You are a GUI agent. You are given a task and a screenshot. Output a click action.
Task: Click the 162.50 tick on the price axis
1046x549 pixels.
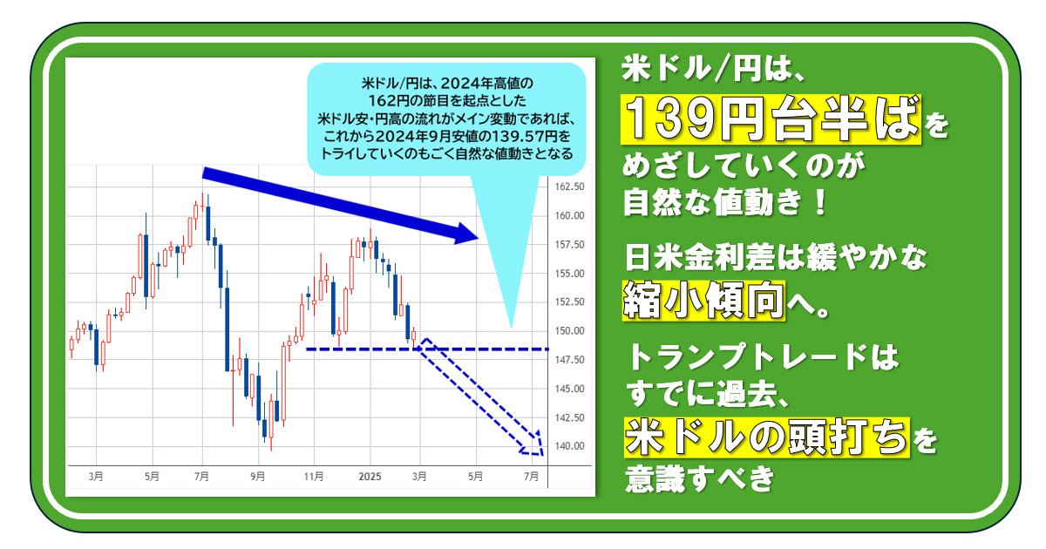[x=569, y=186]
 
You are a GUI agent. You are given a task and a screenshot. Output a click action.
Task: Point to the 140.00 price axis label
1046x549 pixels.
[x=569, y=446]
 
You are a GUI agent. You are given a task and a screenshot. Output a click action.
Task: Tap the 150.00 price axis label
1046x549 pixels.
[x=569, y=331]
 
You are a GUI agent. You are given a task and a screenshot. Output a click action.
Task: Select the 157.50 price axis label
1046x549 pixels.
[x=569, y=245]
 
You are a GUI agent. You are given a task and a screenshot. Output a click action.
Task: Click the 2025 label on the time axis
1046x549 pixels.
[x=370, y=477]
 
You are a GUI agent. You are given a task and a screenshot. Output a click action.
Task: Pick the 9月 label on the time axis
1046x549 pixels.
[x=257, y=477]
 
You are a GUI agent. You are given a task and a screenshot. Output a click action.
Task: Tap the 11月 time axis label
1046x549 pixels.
[x=313, y=477]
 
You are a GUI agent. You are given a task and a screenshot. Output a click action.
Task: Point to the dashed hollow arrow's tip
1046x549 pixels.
[x=542, y=455]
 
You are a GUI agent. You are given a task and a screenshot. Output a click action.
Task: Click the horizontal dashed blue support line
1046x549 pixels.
[x=427, y=349]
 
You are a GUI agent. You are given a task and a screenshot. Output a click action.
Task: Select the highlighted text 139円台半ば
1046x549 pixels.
[x=771, y=119]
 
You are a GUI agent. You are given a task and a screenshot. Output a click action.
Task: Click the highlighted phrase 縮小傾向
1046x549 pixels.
[x=703, y=300]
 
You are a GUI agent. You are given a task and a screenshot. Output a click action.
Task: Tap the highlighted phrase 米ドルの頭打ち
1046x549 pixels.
[x=767, y=437]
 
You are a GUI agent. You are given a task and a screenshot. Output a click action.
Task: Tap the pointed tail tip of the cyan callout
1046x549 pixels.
[x=512, y=329]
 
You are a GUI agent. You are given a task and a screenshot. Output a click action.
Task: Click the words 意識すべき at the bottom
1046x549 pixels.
[x=699, y=478]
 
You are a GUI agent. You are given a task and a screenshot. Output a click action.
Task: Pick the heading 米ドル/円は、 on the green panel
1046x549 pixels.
[x=713, y=69]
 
